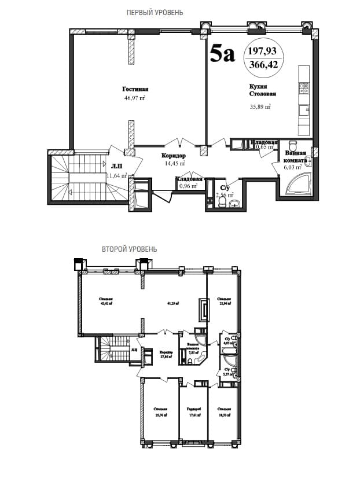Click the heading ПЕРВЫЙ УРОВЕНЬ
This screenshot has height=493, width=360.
click(155, 12)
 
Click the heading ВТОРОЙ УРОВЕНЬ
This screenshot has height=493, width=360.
click(129, 249)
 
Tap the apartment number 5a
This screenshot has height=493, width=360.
click(222, 55)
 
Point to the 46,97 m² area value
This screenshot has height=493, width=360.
click(134, 98)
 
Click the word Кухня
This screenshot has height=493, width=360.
click(258, 86)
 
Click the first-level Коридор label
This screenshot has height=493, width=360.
click(173, 156)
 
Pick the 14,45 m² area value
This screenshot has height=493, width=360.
click(173, 164)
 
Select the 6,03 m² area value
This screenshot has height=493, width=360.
click(293, 167)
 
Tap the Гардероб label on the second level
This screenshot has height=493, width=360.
click(193, 409)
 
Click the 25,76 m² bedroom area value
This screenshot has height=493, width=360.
click(161, 415)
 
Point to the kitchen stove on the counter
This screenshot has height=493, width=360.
click(304, 88)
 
